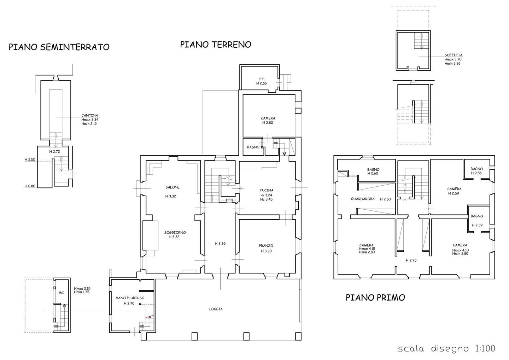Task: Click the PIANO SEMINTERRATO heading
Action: pos(59,47)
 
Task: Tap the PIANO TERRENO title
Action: pos(216,44)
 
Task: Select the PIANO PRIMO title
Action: pos(375,297)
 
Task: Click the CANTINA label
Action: pos(89,115)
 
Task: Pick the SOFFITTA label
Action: pos(454,55)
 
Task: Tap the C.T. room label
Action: pos(261,79)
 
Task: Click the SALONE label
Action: pos(172,187)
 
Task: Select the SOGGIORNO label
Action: pos(175,232)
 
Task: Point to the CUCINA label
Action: pos(267,190)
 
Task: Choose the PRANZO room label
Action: pos(266,246)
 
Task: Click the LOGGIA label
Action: pos(216,309)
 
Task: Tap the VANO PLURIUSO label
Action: pos(130,298)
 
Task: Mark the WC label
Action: pos(62,293)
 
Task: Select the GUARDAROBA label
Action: pos(363,199)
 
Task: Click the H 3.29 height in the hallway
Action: pos(220,244)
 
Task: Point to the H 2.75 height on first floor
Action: pos(411,261)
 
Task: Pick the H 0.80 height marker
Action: pos(30,186)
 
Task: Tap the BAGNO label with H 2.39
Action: pos(477,216)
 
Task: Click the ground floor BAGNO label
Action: pos(253,147)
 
